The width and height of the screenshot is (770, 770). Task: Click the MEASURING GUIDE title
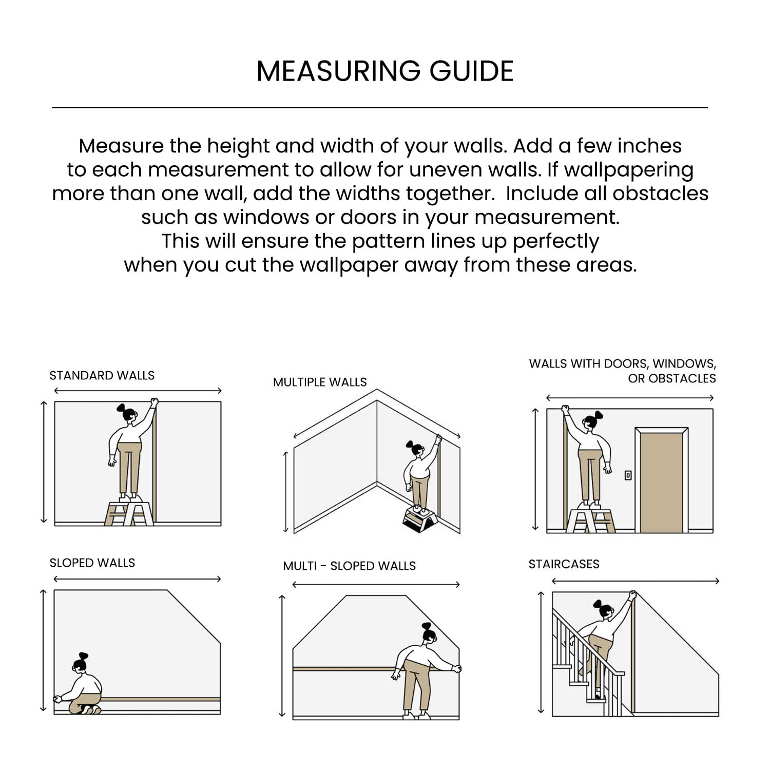[x=385, y=71]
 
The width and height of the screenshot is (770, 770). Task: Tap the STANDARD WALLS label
[x=102, y=375]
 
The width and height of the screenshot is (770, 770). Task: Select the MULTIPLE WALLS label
[x=320, y=382]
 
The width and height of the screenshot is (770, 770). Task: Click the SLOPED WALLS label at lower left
[x=92, y=563]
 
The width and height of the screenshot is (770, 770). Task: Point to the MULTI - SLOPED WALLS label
[x=349, y=566]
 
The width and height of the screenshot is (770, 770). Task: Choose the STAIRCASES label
[x=564, y=564]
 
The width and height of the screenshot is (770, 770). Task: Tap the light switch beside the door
[x=628, y=475]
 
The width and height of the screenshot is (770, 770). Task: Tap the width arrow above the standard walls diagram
[x=138, y=391]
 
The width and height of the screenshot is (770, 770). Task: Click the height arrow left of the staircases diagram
[x=541, y=652]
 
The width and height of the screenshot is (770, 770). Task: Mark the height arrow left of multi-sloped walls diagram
[x=281, y=656]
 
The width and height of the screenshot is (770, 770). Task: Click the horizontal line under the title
[x=380, y=108]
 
